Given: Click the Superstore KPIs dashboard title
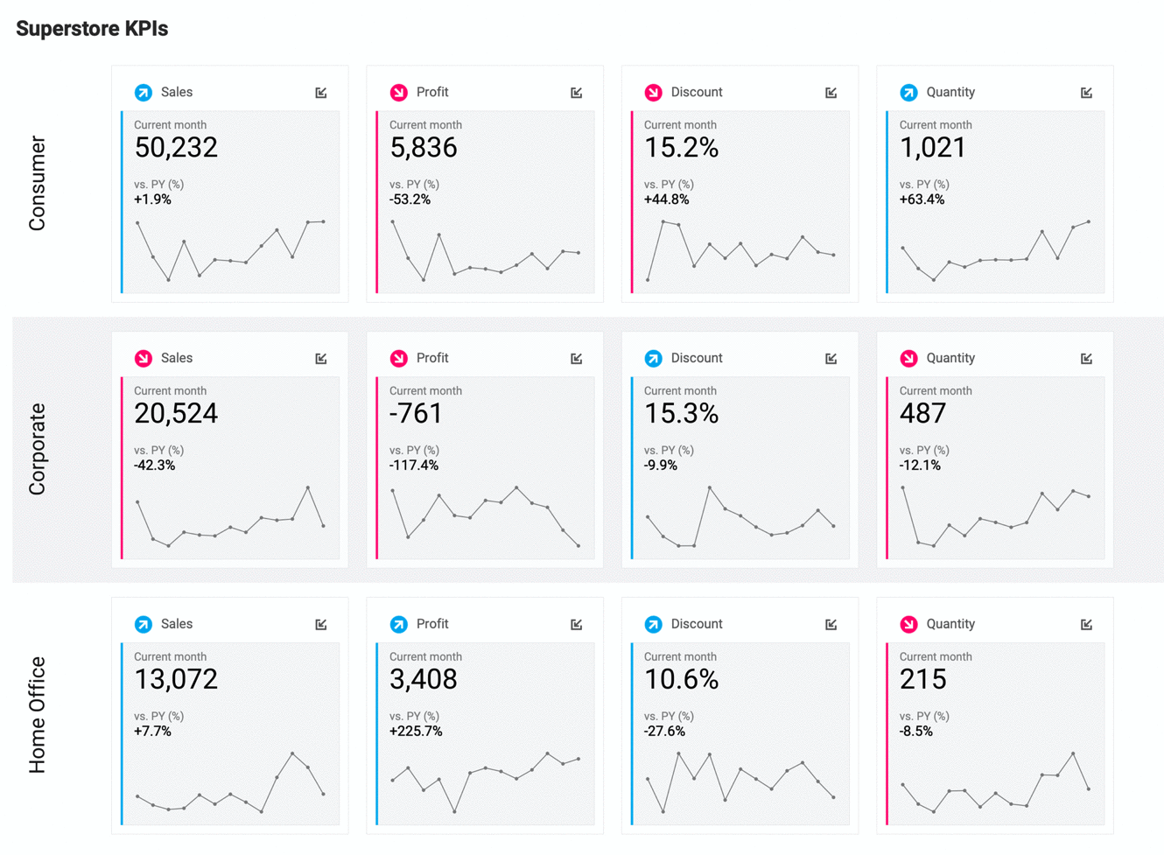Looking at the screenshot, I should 92,29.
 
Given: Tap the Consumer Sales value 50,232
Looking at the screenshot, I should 175,148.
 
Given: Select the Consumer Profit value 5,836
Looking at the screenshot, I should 423,148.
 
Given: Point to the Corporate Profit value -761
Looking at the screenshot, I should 416,414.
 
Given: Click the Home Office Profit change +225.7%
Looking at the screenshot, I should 416,732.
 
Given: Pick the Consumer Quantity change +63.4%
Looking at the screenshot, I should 922,200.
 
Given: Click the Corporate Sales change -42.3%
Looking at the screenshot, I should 154,466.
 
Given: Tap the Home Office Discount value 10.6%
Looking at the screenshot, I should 681,680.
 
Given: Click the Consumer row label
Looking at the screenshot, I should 37,183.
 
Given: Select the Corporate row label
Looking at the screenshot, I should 37,449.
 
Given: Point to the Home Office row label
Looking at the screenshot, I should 37,715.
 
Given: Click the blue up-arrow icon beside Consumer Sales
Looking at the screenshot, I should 144,93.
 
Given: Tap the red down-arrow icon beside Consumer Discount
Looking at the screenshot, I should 653,93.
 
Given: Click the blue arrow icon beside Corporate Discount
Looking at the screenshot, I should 653,359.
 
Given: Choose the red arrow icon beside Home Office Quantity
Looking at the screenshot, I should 908,625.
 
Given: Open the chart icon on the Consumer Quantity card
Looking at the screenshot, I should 1086,93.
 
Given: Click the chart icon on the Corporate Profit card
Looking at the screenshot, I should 576,359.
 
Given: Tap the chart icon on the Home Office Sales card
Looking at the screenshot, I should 321,625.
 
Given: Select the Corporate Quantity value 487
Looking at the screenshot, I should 922,414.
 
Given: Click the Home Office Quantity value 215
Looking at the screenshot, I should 922,680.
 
